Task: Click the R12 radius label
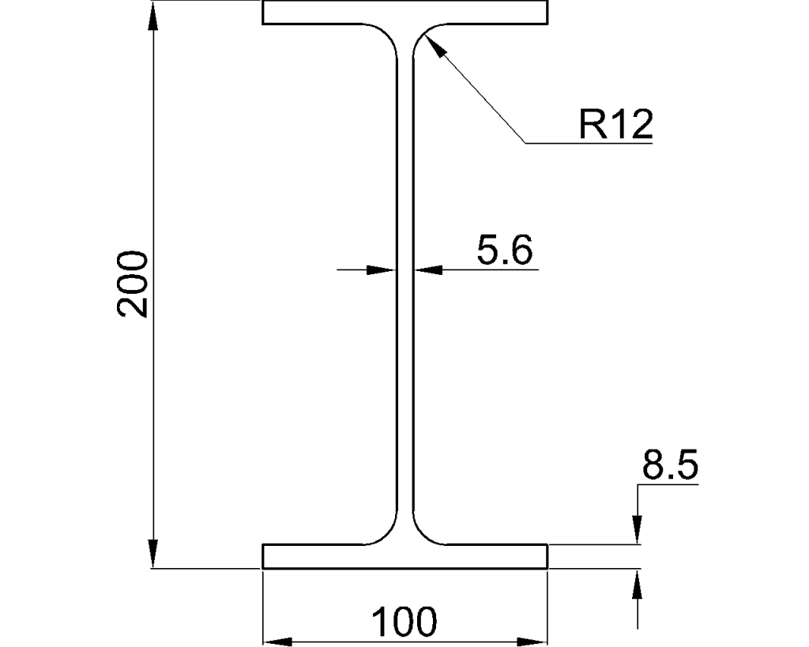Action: coord(616,125)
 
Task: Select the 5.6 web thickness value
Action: coord(504,251)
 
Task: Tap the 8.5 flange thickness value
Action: coord(669,466)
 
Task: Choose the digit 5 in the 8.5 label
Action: coord(685,466)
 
